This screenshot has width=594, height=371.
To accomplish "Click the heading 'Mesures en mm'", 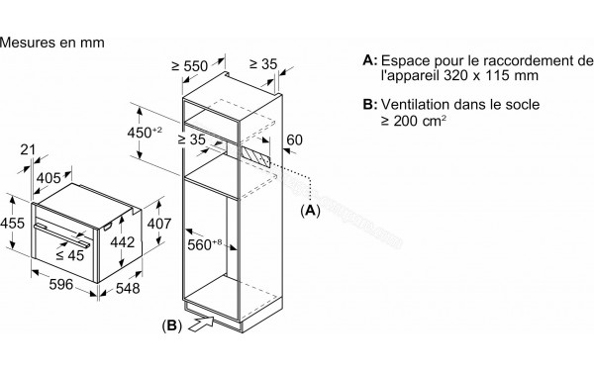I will click(52, 44).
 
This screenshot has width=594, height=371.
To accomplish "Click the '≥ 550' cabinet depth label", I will click(187, 66).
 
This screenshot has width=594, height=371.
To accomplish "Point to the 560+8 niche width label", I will click(204, 240).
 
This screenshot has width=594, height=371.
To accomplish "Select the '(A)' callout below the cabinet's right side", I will click(311, 211).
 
